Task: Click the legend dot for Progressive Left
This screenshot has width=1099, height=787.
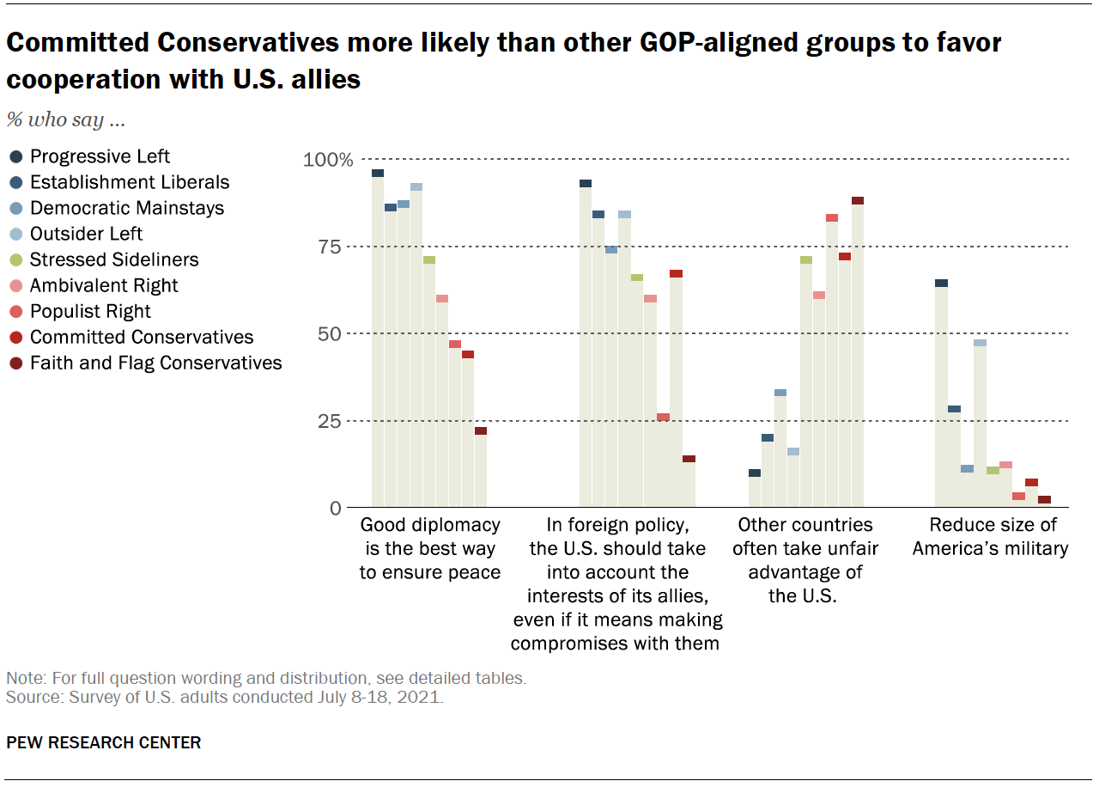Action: pos(16,156)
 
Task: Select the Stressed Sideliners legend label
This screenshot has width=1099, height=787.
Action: pos(114,259)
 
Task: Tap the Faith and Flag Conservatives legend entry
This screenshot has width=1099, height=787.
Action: pos(155,363)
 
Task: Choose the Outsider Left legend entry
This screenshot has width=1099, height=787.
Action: pos(86,234)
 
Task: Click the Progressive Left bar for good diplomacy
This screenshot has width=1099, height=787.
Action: pos(378,339)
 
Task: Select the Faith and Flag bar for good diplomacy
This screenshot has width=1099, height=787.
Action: pos(481,468)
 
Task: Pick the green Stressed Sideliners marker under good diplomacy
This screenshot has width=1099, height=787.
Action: pos(429,259)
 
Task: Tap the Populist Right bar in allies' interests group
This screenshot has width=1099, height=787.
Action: pos(663,461)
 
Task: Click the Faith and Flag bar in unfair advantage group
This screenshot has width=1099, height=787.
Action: pos(858,352)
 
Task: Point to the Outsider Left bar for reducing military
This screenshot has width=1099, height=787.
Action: pos(980,425)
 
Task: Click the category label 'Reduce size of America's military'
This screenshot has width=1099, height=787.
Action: pos(990,536)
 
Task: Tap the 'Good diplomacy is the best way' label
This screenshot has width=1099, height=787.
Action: pos(429,548)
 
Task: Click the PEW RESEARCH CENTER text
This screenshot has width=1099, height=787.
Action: pos(104,742)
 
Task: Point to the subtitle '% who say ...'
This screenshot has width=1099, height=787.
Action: pos(66,119)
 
